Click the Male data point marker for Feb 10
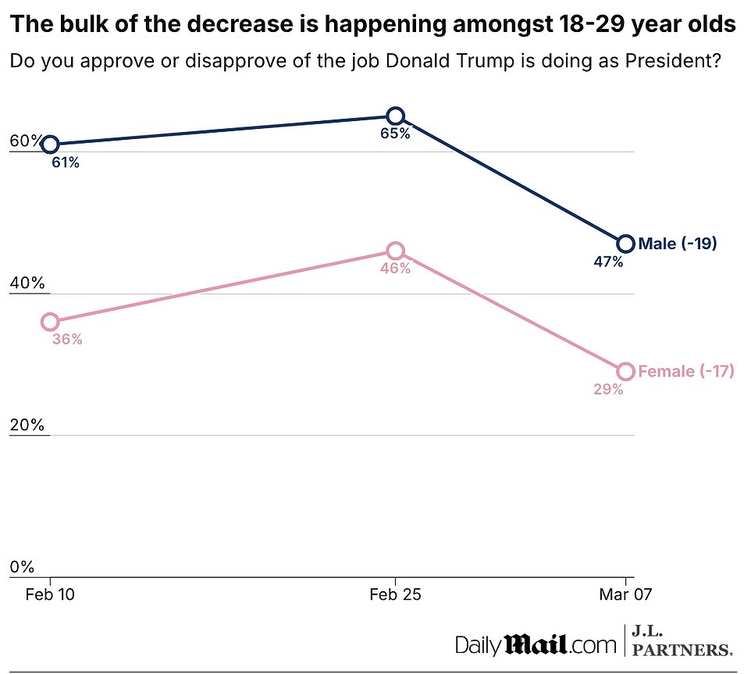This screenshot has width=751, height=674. click(x=50, y=144)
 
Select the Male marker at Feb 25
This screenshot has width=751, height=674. click(x=395, y=116)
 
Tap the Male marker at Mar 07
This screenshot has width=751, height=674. click(x=625, y=244)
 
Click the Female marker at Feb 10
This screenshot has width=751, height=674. click(x=50, y=322)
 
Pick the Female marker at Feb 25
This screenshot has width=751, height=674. click(x=395, y=251)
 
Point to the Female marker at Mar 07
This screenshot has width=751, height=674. click(x=625, y=371)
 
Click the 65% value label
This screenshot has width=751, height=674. click(x=395, y=134)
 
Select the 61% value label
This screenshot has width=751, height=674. click(x=66, y=163)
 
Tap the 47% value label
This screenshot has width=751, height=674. click(x=607, y=262)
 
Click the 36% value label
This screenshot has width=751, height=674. click(x=67, y=340)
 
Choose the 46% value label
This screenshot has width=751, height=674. click(x=395, y=269)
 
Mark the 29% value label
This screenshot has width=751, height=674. click(x=607, y=389)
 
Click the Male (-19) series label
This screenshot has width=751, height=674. click(x=677, y=244)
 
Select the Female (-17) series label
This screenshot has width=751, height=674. click(x=685, y=371)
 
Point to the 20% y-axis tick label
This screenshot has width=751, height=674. click(x=26, y=426)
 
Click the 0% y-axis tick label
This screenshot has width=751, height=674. click(x=23, y=567)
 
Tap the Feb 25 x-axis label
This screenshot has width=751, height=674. click(x=395, y=594)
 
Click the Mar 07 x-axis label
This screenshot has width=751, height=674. click(x=625, y=594)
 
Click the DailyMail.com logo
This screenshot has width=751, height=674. click(x=536, y=644)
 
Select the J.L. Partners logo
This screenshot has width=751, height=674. click(x=682, y=641)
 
